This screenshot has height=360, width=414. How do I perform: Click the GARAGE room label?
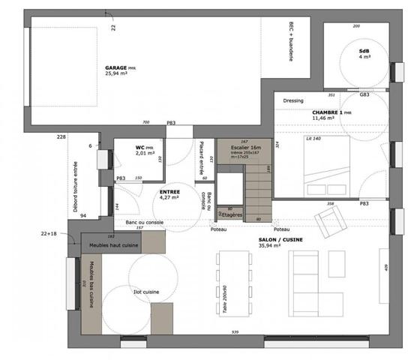120,67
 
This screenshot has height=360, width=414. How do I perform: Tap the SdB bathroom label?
364,50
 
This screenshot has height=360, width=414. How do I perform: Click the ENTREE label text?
169,192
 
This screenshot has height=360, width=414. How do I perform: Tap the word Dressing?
293,100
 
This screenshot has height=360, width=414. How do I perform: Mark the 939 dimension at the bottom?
235,331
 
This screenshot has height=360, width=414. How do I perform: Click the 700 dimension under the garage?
145,122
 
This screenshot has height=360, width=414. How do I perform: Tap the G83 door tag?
364,95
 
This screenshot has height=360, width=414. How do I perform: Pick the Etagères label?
232,214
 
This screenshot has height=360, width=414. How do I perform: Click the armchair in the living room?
328,220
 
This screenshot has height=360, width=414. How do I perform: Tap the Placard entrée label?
201,159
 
